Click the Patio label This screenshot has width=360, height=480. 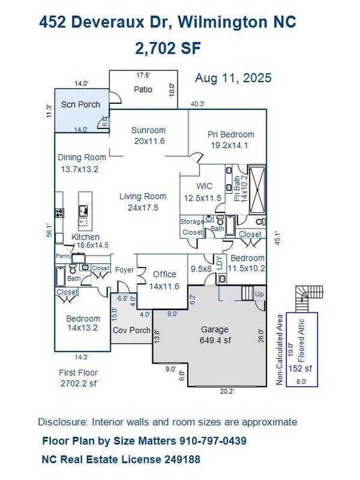tap(143, 90)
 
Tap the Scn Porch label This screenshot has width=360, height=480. tap(80, 104)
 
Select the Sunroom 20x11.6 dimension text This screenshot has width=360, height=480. tap(149, 141)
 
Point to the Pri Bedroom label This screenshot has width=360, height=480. tap(231, 134)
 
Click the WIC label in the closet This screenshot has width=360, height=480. tap(204, 186)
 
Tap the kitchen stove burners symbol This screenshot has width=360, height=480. tap(59, 213)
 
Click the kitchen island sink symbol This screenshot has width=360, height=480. tap(83, 211)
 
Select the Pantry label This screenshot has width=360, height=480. tap(63, 256)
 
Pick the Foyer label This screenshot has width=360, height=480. tap(124, 270)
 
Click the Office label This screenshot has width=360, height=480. tap(164, 274)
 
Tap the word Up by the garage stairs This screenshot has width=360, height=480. tap(259, 294)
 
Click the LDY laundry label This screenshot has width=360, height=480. tap(220, 263)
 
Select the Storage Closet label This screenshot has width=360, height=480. tap(192, 227)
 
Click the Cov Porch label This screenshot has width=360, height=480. tap(131, 330)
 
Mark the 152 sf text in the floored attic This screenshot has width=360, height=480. tap(300, 368)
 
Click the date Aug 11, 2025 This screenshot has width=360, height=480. tap(233, 78)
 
